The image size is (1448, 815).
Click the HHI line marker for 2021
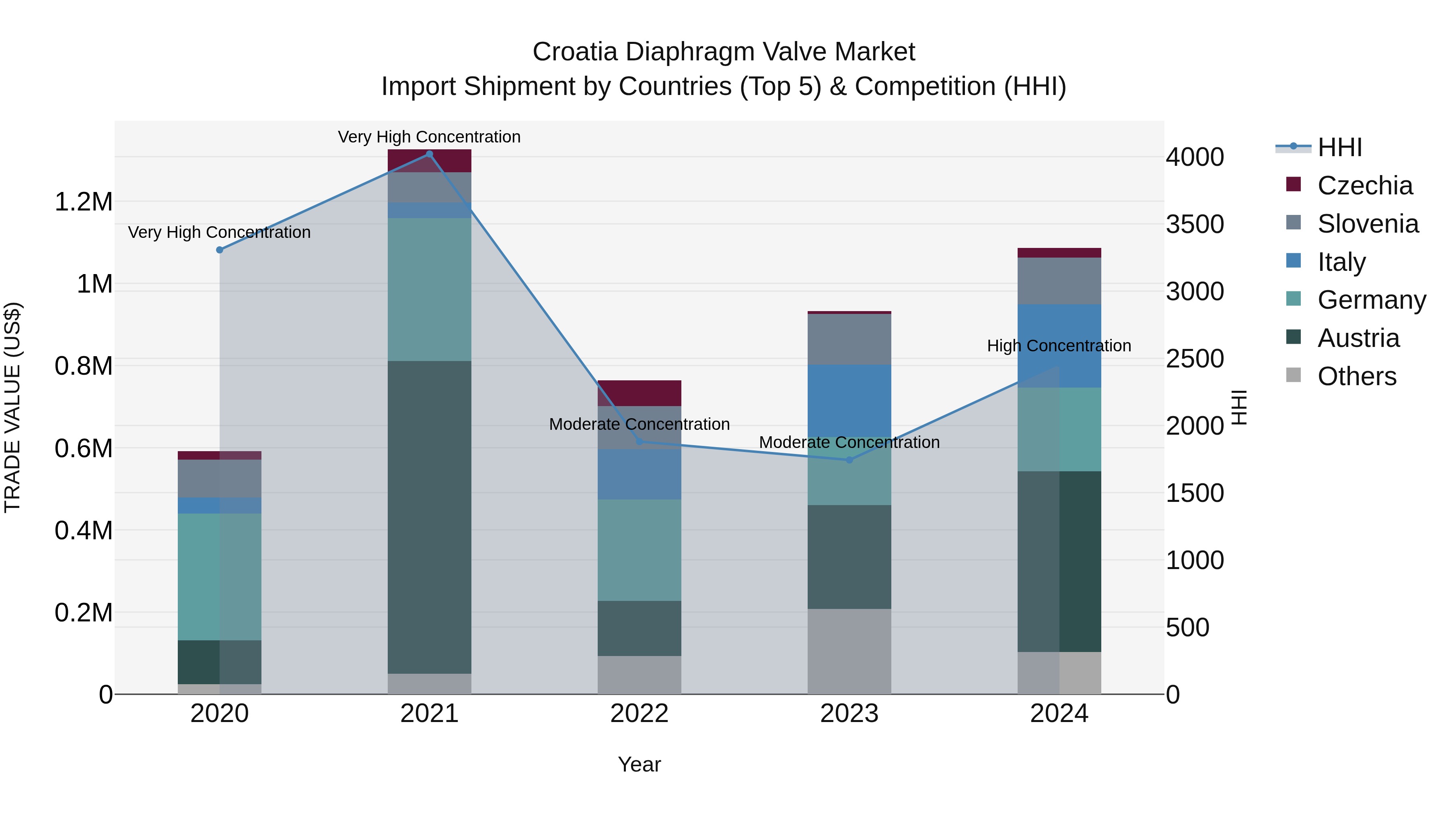pyautogui.click(x=430, y=154)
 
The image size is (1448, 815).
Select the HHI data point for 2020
pyautogui.click(x=220, y=250)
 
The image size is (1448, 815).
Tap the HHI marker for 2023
pyautogui.click(x=849, y=460)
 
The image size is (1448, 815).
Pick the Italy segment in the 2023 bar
pyautogui.click(x=849, y=400)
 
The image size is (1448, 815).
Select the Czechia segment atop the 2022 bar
pyautogui.click(x=639, y=392)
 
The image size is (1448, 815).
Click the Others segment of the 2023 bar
pyautogui.click(x=849, y=651)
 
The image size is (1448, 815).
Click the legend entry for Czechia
pyautogui.click(x=1364, y=186)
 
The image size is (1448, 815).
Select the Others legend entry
pyautogui.click(x=1356, y=376)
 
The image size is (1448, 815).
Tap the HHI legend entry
pyautogui.click(x=1339, y=147)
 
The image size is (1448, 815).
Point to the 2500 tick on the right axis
pyautogui.click(x=1195, y=359)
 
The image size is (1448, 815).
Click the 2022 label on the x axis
pyautogui.click(x=639, y=713)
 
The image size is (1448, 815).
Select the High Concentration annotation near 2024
pyautogui.click(x=1059, y=346)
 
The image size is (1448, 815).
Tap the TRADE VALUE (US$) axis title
pyautogui.click(x=13, y=407)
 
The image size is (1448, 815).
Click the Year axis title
pyautogui.click(x=639, y=764)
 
